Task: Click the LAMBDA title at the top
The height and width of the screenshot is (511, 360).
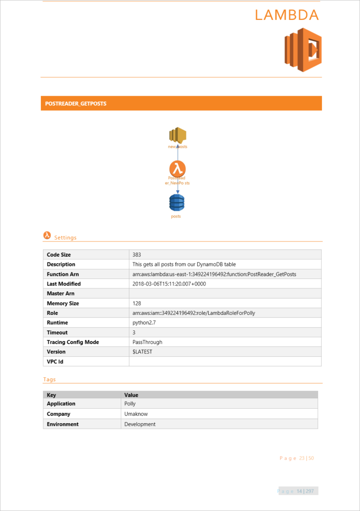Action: [287, 15]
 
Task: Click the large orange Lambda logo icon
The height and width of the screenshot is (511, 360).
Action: [303, 49]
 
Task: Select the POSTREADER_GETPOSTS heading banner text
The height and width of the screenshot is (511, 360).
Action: [75, 104]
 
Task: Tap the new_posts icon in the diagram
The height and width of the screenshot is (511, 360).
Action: [177, 135]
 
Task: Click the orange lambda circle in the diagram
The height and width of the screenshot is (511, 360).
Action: [177, 169]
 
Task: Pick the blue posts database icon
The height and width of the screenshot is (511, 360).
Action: [176, 203]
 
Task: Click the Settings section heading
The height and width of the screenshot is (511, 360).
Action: [65, 238]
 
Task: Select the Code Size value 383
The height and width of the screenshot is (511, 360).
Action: [137, 255]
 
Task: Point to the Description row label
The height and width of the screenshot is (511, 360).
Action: [61, 264]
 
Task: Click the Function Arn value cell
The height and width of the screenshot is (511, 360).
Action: [214, 274]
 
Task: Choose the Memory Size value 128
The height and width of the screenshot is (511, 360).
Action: [137, 303]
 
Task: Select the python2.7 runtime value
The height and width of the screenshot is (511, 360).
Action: [144, 323]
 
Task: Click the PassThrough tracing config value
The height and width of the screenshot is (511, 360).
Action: [147, 342]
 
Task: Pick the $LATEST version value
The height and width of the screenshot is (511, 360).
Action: [142, 352]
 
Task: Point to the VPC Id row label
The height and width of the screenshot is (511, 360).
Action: [55, 362]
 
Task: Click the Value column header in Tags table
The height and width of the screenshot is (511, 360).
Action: [131, 395]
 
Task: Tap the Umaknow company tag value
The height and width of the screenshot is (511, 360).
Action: [136, 414]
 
